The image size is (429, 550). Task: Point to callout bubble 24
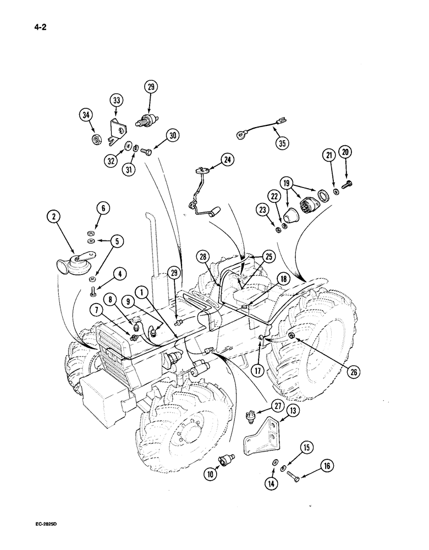tap(226, 159)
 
